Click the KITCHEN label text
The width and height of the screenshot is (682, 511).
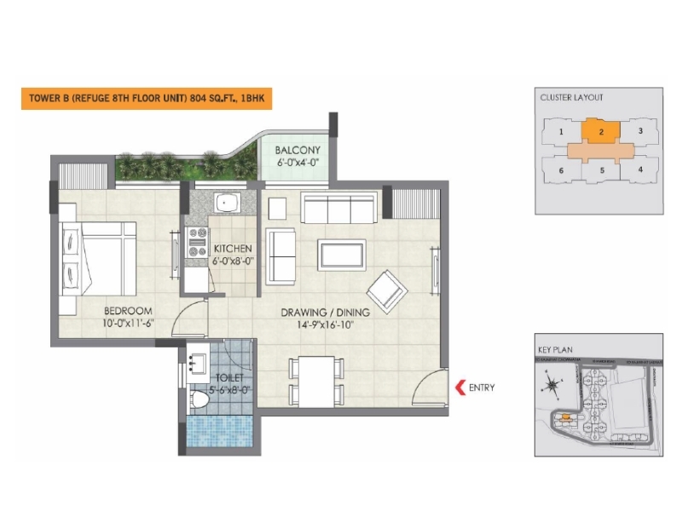[232, 249]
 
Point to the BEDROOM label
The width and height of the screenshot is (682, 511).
[129, 310]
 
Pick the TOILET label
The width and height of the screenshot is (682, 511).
[229, 376]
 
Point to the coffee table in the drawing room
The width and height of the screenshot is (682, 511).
[343, 254]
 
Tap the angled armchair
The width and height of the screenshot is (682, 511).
[389, 289]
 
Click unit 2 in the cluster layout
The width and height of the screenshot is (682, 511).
[602, 131]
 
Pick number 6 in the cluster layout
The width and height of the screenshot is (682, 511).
[561, 170]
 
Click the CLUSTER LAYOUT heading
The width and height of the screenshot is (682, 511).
[571, 98]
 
